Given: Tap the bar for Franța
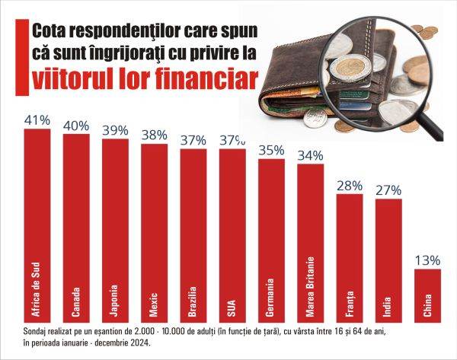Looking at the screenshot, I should point(349,259).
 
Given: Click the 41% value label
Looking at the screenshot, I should point(37,119).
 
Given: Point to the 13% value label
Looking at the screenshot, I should point(427,260).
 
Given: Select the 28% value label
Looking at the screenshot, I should point(349,186).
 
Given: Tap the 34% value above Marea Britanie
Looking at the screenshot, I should point(310,156).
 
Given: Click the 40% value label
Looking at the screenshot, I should point(77,124).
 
